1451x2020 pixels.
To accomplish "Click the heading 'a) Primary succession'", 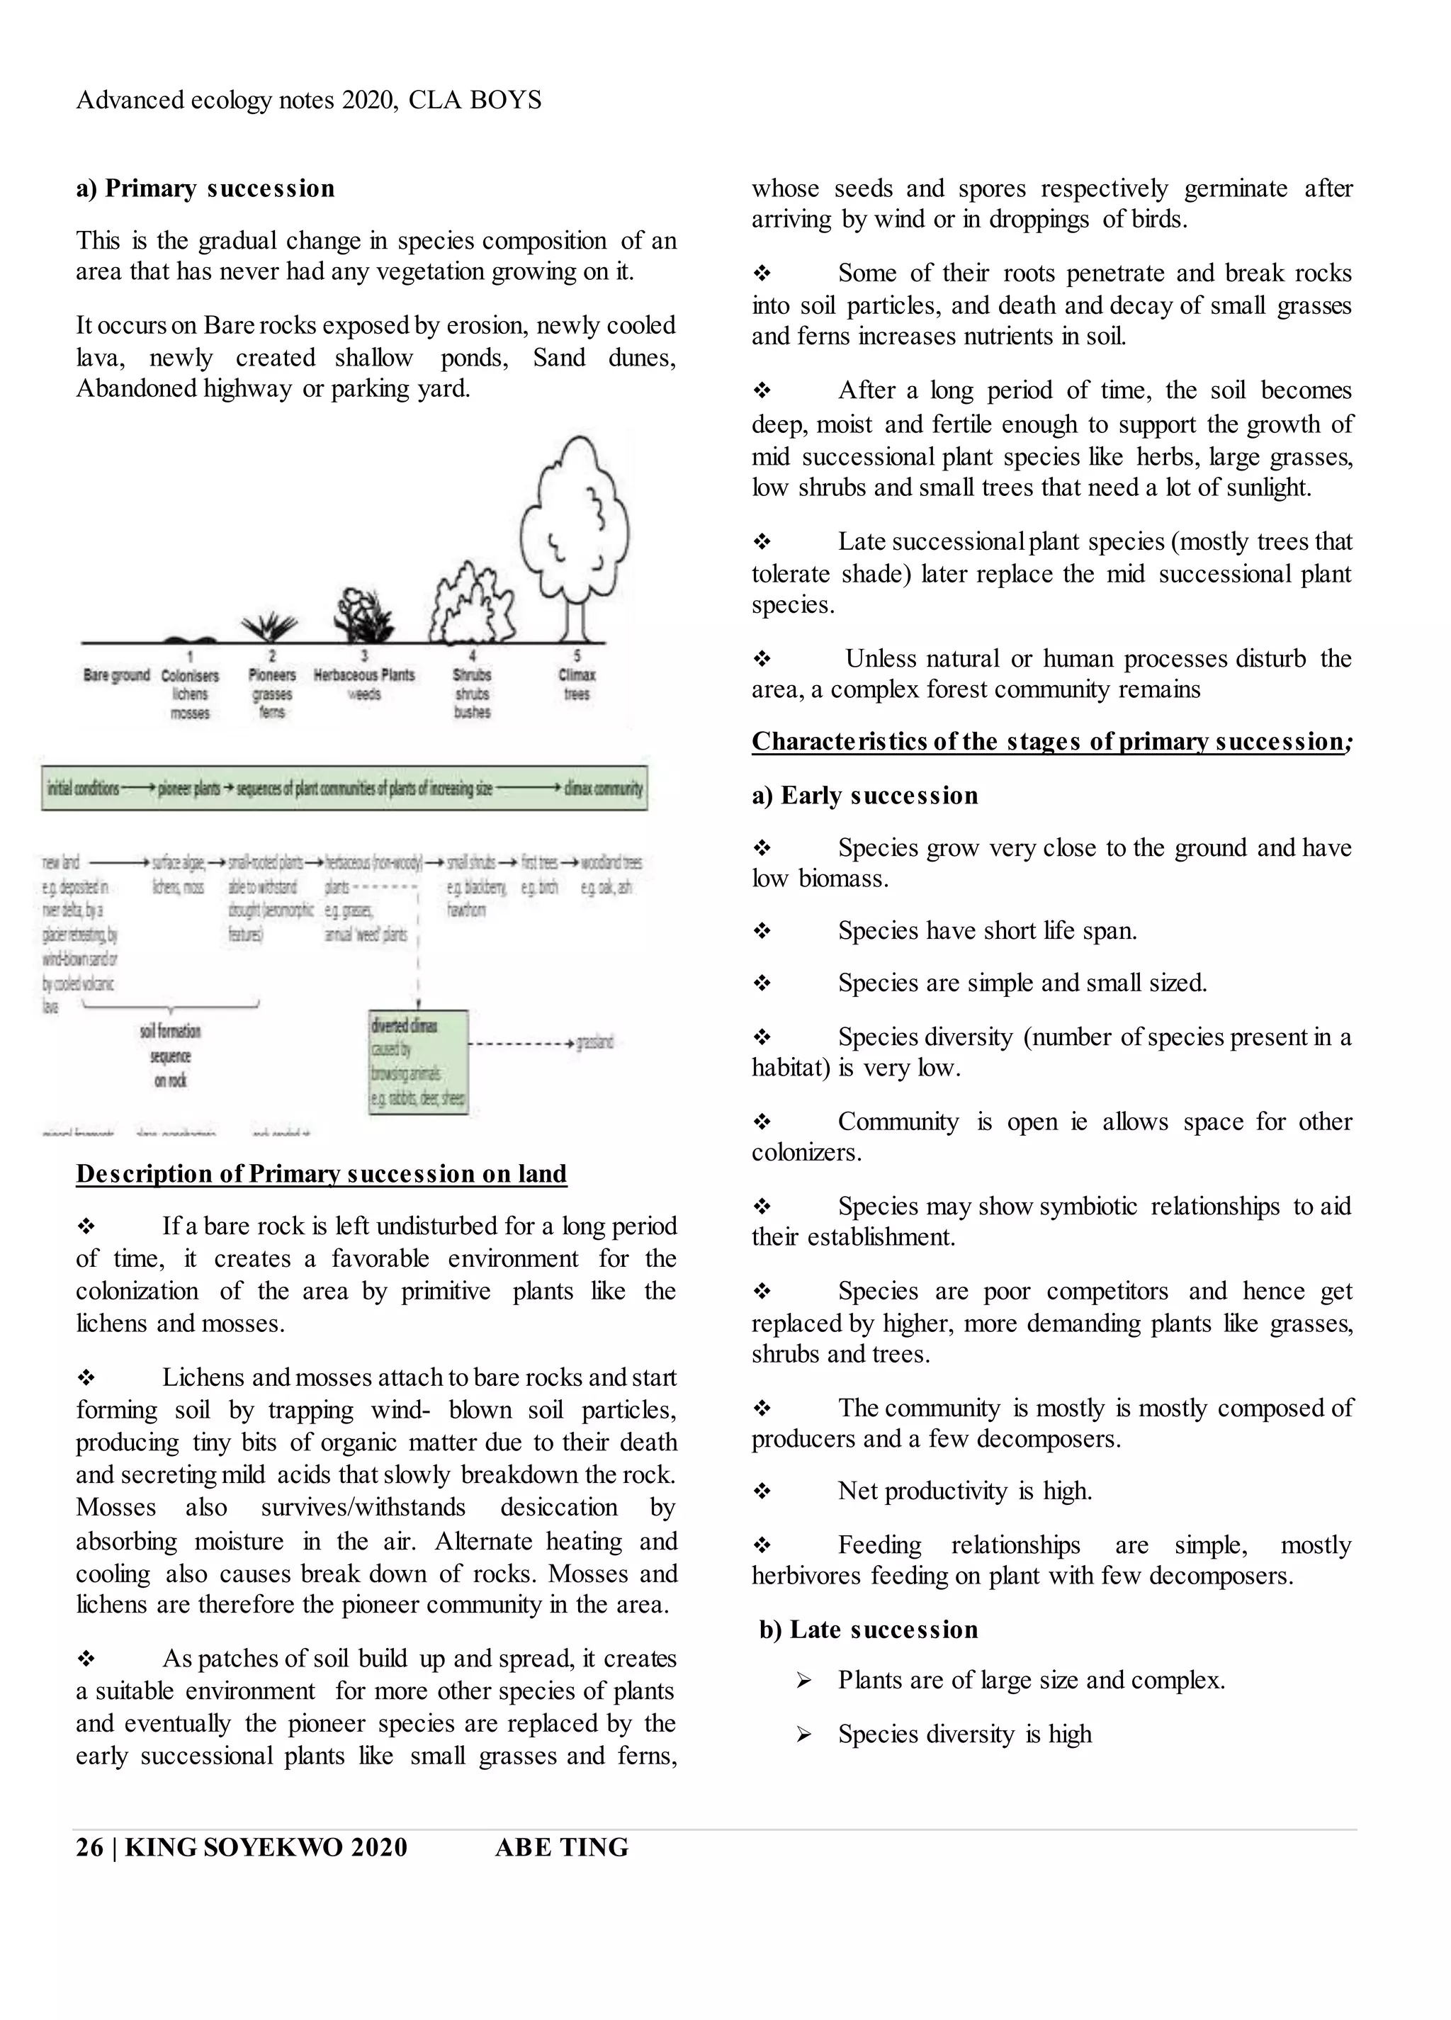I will pyautogui.click(x=205, y=188).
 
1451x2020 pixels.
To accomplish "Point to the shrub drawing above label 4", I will pyautogui.click(x=472, y=605).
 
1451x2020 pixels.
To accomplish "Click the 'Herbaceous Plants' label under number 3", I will pyautogui.click(x=364, y=675).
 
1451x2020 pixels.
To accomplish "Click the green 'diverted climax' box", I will pyautogui.click(x=418, y=1061).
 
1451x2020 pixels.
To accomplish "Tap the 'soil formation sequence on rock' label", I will pyautogui.click(x=170, y=1056).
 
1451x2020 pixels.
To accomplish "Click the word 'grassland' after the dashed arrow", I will pyautogui.click(x=595, y=1042).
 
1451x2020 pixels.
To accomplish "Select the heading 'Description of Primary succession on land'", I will pyautogui.click(x=321, y=1173).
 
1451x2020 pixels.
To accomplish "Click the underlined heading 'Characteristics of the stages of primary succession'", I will pyautogui.click(x=1046, y=741).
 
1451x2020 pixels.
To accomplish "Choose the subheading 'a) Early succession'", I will pyautogui.click(x=864, y=796).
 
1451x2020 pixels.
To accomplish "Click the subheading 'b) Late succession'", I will pyautogui.click(x=869, y=1629).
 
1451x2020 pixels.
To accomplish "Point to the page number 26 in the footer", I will pyautogui.click(x=89, y=1847).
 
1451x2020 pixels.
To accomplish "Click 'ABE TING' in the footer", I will pyautogui.click(x=561, y=1847).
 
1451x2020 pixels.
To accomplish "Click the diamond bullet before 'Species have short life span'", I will pyautogui.click(x=762, y=931).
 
